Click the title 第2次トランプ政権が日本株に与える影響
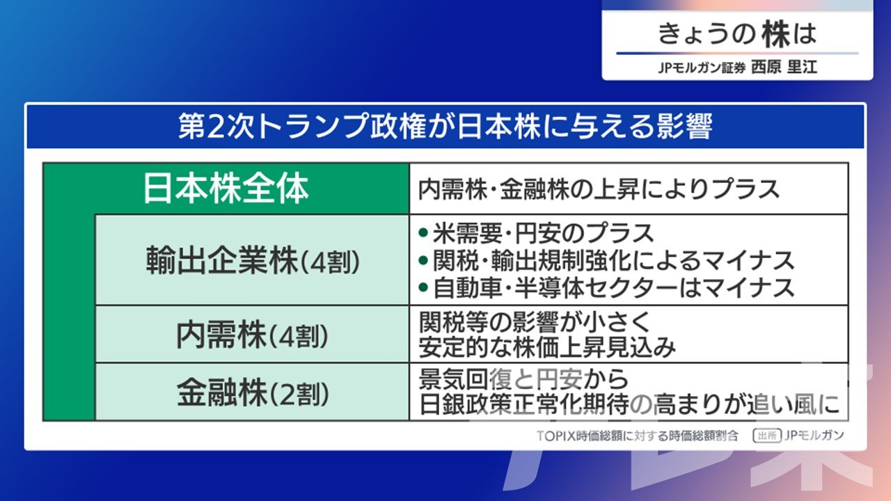tap(445, 127)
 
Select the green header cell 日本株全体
tap(226, 189)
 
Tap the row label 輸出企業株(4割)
tap(253, 260)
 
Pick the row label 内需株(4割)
tap(253, 335)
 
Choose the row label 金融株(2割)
tap(253, 393)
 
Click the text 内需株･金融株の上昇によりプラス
tap(599, 189)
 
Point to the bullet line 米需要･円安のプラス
tap(543, 233)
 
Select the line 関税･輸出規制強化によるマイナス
tap(613, 261)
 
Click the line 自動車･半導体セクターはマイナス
tap(613, 288)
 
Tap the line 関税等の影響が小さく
tap(535, 321)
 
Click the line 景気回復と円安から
tap(523, 379)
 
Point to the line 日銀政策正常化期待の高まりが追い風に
tap(629, 404)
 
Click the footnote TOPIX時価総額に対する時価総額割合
tap(637, 436)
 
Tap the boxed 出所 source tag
tap(767, 436)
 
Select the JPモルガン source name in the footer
tap(814, 436)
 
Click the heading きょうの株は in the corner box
tap(737, 34)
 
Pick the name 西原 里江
tap(784, 67)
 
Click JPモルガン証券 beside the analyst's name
tap(702, 67)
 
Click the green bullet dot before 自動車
tap(423, 287)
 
